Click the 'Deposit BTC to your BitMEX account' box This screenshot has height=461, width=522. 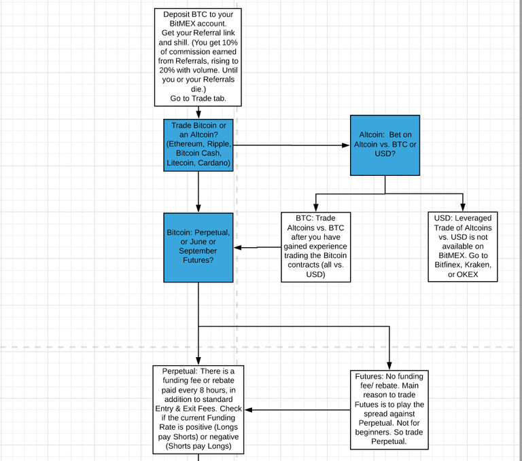pyautogui.click(x=198, y=57)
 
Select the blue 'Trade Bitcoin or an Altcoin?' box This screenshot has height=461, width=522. pyautogui.click(x=198, y=145)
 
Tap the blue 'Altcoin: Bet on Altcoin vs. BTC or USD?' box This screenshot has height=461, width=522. pyautogui.click(x=385, y=145)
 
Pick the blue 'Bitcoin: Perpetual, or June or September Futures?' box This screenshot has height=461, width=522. pyautogui.click(x=198, y=247)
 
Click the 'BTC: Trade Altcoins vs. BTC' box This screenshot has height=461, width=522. pyautogui.click(x=315, y=247)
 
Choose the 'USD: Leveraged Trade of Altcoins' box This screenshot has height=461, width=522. pyautogui.click(x=463, y=247)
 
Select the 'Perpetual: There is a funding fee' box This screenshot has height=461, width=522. pyautogui.click(x=198, y=409)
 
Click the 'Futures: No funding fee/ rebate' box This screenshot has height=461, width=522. pyautogui.click(x=389, y=410)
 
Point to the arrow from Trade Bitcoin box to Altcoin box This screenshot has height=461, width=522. pyautogui.click(x=292, y=145)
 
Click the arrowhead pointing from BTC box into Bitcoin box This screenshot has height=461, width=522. pyautogui.click(x=238, y=247)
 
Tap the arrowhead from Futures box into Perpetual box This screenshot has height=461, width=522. pyautogui.click(x=248, y=410)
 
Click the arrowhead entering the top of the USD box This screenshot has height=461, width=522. pyautogui.click(x=463, y=207)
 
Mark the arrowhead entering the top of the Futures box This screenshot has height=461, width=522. pyautogui.click(x=389, y=366)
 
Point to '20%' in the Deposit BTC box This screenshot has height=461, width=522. pyautogui.click(x=167, y=70)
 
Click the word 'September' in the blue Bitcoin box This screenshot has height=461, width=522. pyautogui.click(x=198, y=251)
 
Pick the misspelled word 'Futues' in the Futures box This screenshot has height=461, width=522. pyautogui.click(x=365, y=405)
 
